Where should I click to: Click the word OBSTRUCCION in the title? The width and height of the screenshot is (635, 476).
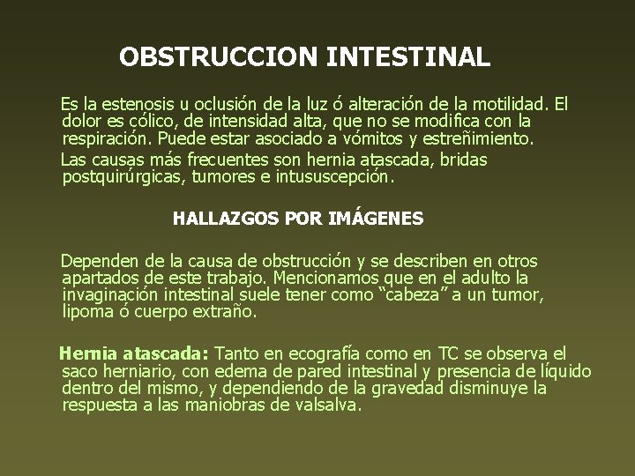tap(220, 58)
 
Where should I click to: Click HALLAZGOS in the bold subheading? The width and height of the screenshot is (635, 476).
tap(216, 218)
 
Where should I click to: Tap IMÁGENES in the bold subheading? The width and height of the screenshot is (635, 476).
tap(376, 218)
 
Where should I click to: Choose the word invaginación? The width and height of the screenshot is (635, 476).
tap(114, 294)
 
